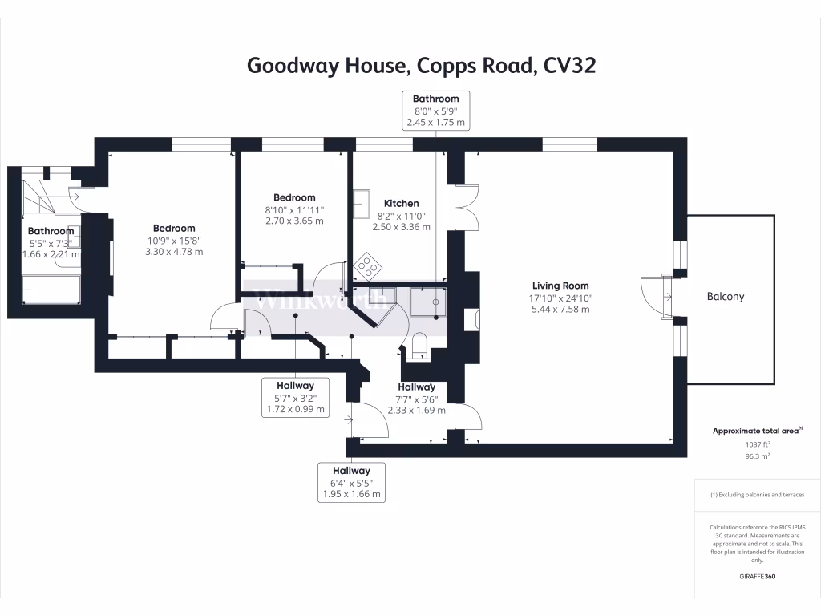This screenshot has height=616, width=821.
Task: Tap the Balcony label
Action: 725,296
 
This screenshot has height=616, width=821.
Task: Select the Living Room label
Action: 560,286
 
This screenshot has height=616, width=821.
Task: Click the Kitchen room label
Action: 401,203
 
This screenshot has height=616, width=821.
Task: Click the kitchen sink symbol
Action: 362,201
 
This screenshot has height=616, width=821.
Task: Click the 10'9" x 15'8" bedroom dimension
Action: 174,240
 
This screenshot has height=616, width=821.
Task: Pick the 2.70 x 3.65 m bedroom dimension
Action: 294,221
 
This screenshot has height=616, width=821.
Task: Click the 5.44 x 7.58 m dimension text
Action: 560,309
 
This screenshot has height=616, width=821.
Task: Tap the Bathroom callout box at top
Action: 436,111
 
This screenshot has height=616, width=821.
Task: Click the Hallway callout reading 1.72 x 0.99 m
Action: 296,397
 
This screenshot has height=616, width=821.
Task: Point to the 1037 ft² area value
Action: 758,444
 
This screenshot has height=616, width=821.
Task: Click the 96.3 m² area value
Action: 758,456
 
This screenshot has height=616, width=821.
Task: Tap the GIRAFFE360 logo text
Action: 758,577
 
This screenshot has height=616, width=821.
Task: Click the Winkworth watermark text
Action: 321,302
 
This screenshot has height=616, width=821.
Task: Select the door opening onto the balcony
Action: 656,296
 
